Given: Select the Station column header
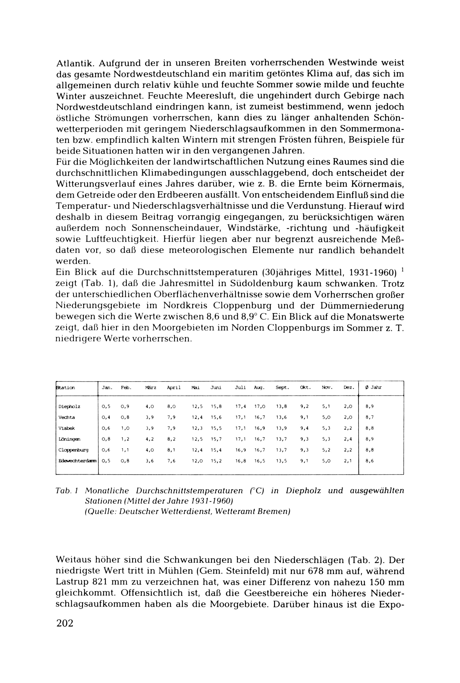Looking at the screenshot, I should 65,388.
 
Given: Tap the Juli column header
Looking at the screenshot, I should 240,388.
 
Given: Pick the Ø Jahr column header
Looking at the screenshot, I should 374,388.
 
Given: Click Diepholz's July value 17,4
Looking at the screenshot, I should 240,407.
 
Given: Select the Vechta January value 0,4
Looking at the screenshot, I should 106,417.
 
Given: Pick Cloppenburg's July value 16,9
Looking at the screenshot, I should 240,450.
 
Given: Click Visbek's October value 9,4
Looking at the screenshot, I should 304,428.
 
